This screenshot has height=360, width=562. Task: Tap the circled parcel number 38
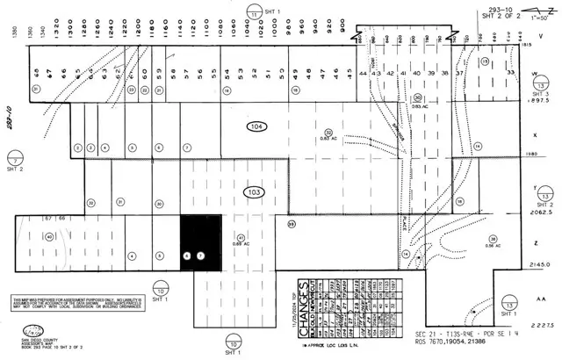coord(494,239)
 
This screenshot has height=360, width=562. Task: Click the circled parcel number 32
coord(328,133)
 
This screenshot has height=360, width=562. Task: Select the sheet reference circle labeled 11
coord(253,13)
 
